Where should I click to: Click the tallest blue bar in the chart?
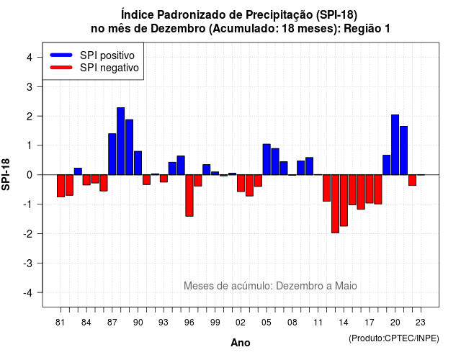click(x=120, y=141)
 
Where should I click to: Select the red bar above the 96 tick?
click(x=189, y=195)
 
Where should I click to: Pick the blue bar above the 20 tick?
click(x=395, y=145)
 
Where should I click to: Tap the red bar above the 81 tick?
click(x=61, y=186)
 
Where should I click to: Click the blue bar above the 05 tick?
click(x=267, y=159)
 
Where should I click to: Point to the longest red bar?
click(x=335, y=204)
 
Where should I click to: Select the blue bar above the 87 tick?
click(x=112, y=154)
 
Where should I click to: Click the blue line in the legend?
click(x=61, y=55)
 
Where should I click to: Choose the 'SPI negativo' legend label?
click(x=109, y=68)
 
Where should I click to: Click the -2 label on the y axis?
click(x=28, y=233)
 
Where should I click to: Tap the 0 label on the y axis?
click(x=30, y=175)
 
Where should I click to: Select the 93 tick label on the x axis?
click(x=164, y=323)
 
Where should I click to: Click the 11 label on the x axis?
click(x=318, y=323)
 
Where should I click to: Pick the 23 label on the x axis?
click(x=421, y=323)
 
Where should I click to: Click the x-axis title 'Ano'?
click(x=241, y=343)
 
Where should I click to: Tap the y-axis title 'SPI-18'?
click(x=6, y=174)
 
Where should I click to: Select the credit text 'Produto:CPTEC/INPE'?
click(x=394, y=338)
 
